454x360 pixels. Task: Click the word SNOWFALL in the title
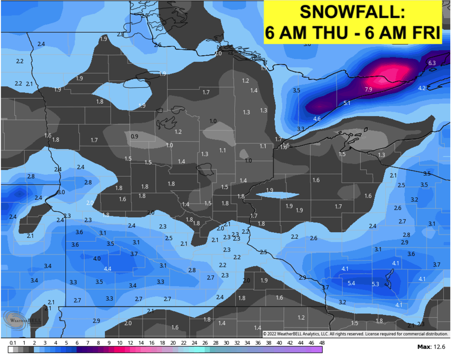click(x=352, y=13)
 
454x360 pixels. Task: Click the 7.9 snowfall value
click(x=368, y=89)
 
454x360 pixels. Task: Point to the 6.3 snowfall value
click(x=432, y=63)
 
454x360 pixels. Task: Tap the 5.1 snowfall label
click(x=347, y=103)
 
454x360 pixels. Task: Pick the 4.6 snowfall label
click(x=317, y=118)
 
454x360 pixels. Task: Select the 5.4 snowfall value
click(x=351, y=283)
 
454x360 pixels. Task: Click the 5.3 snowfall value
click(x=375, y=284)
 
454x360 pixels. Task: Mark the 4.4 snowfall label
click(x=107, y=269)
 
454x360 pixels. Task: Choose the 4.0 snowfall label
click(x=97, y=259)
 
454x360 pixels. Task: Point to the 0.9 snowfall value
click(x=134, y=136)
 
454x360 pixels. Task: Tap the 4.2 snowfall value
click(x=422, y=88)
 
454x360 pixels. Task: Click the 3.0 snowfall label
click(x=61, y=192)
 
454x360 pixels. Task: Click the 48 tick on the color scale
click(x=322, y=343)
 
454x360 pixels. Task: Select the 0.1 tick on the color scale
click(x=13, y=343)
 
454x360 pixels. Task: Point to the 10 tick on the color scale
click(x=119, y=343)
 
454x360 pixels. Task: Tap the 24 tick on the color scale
click(x=194, y=343)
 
